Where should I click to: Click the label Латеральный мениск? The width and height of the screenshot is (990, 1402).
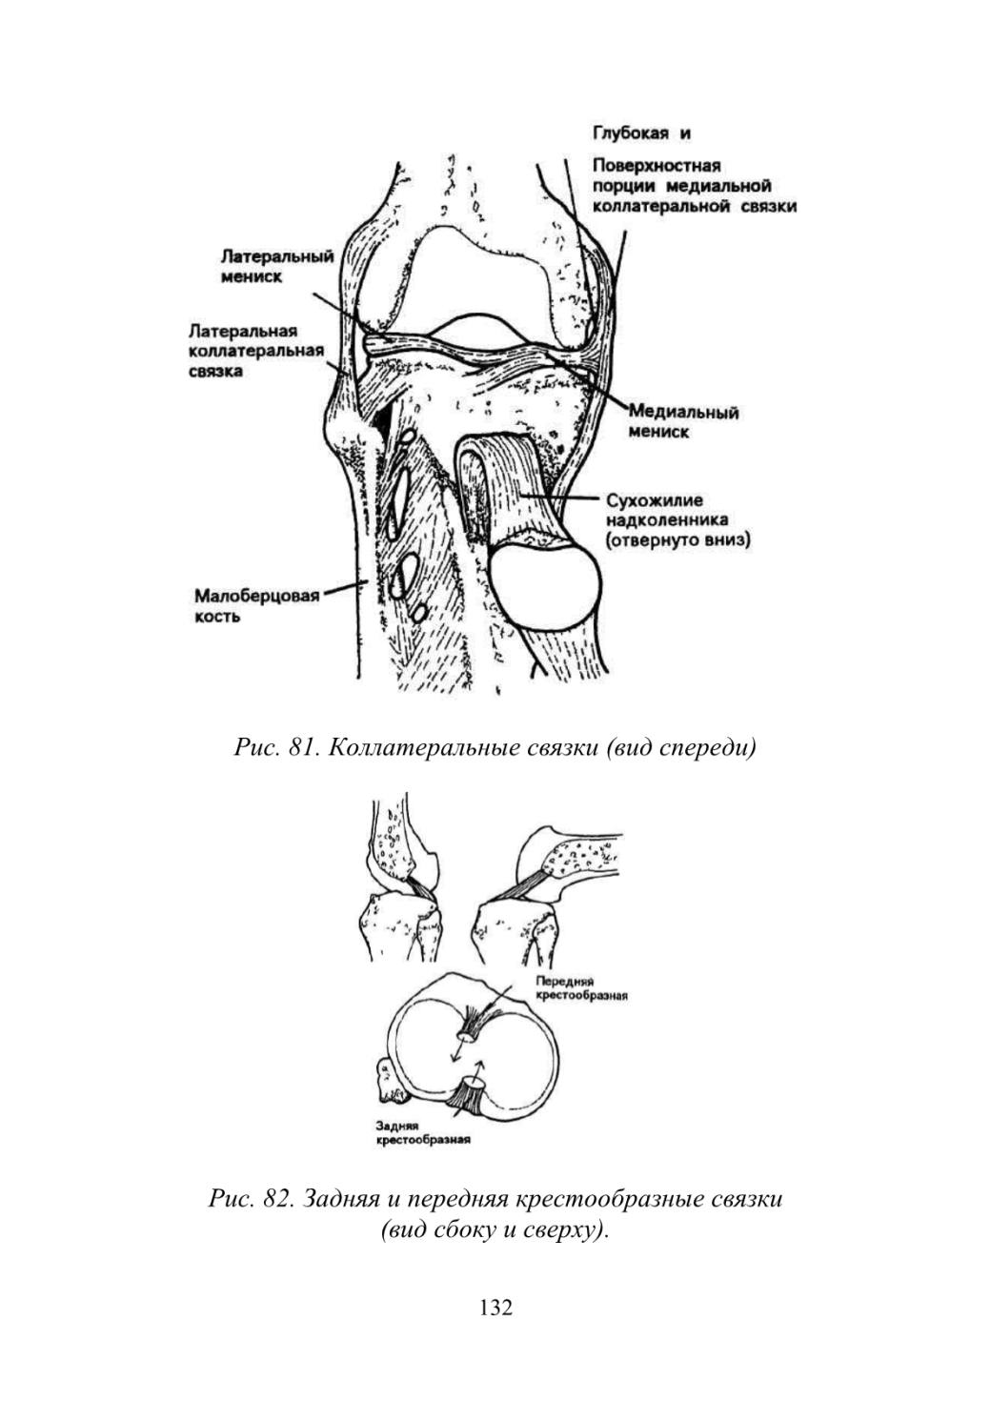click(x=277, y=267)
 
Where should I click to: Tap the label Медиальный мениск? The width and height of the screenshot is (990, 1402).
click(x=683, y=422)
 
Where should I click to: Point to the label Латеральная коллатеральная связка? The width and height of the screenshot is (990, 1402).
click(x=256, y=351)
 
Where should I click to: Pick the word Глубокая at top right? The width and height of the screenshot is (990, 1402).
click(x=631, y=132)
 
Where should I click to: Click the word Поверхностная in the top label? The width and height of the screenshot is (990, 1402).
click(x=657, y=166)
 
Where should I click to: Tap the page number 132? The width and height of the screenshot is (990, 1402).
click(x=495, y=1307)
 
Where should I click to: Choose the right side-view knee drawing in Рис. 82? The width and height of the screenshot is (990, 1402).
click(x=547, y=899)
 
